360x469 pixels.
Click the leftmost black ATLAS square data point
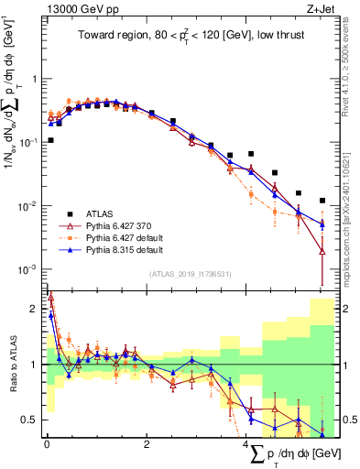[50, 140]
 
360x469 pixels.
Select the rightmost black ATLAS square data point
[322, 201]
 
